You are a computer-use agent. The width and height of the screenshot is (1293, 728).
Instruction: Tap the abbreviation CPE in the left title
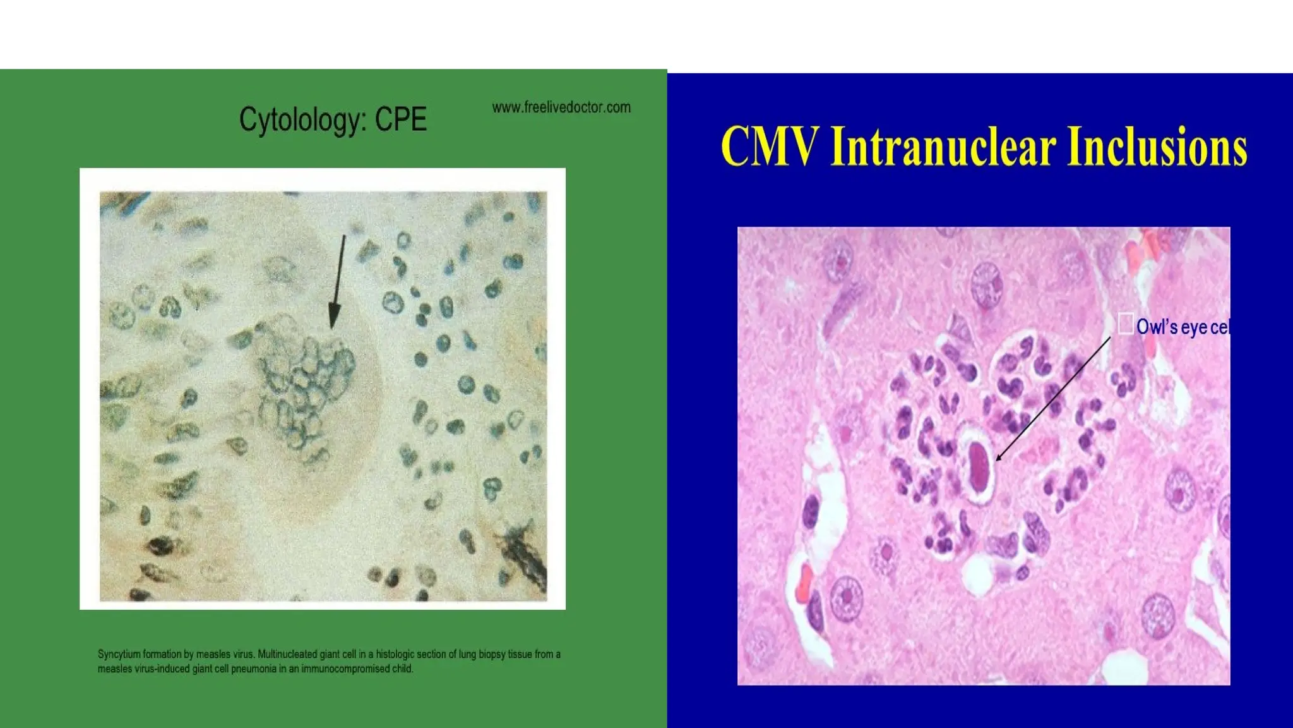tap(401, 119)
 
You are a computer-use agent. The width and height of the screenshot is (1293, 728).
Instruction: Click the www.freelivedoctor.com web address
tap(561, 107)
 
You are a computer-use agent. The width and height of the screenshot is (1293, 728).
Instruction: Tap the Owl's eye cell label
tap(1183, 327)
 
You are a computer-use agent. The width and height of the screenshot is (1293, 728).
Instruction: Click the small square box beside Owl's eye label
tap(1125, 324)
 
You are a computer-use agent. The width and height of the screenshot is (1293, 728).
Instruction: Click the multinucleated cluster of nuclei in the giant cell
tap(306, 385)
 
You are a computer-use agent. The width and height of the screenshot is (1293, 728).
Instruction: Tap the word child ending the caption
tap(403, 669)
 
